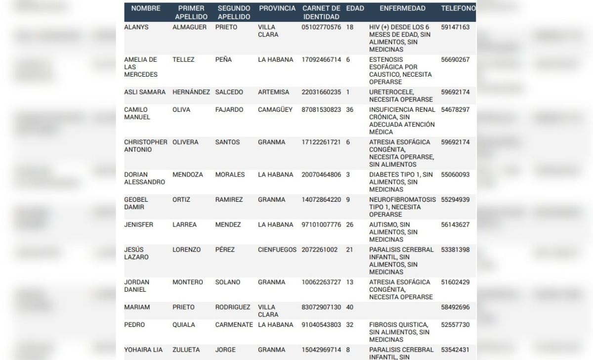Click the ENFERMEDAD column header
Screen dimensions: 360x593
point(402,8)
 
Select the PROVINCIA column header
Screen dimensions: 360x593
point(277,8)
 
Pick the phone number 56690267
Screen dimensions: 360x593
point(455,60)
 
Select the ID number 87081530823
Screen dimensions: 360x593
point(321,110)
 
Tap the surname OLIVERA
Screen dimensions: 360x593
point(185,142)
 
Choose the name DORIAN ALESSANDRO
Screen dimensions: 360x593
point(144,179)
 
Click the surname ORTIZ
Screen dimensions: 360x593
point(181,200)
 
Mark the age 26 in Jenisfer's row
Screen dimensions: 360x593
point(350,225)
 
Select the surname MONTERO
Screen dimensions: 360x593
point(188,282)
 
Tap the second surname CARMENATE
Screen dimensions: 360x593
point(234,325)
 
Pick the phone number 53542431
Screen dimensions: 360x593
point(455,350)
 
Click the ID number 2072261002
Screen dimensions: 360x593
point(320,250)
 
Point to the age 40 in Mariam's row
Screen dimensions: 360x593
point(350,307)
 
